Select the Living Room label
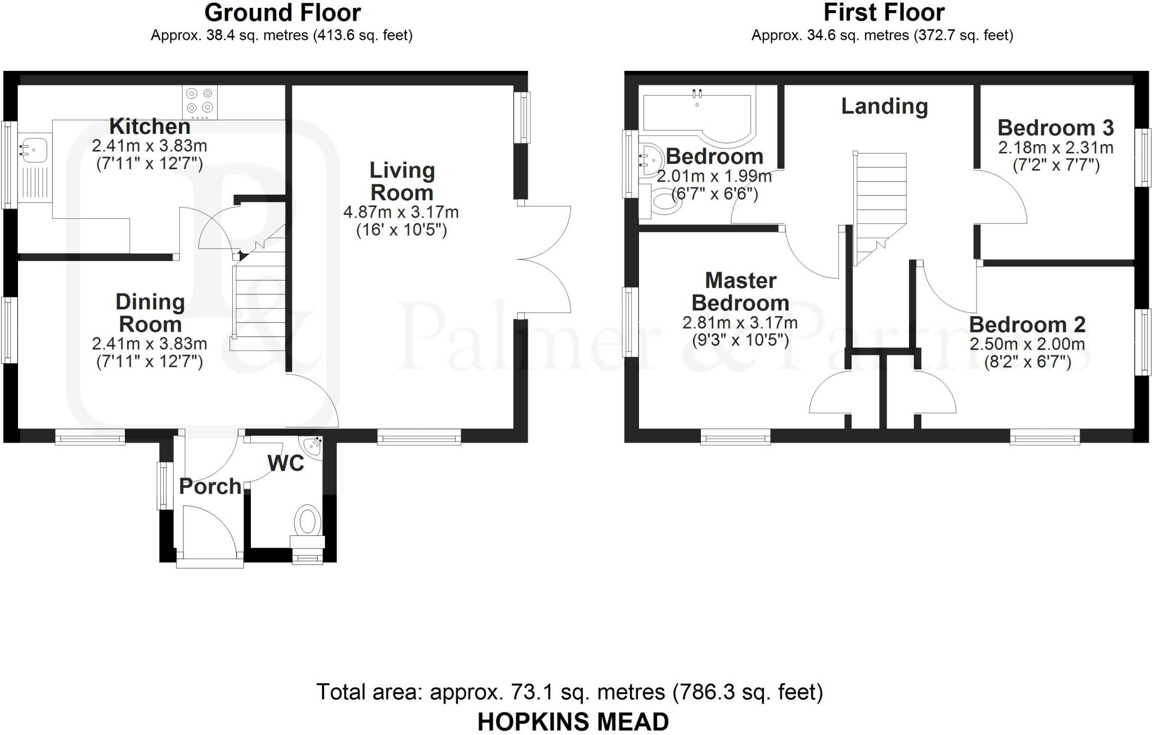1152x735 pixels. (402, 181)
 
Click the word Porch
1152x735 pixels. (210, 486)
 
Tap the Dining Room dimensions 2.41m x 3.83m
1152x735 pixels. (150, 344)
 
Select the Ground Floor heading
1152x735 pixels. (282, 12)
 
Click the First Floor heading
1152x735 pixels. (884, 12)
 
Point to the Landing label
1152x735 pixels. (884, 106)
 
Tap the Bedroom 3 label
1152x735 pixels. (1055, 128)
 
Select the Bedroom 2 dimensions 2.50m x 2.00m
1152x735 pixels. (1027, 344)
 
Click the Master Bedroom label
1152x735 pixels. (740, 291)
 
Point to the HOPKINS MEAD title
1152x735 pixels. (573, 722)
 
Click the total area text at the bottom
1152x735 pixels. (569, 692)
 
